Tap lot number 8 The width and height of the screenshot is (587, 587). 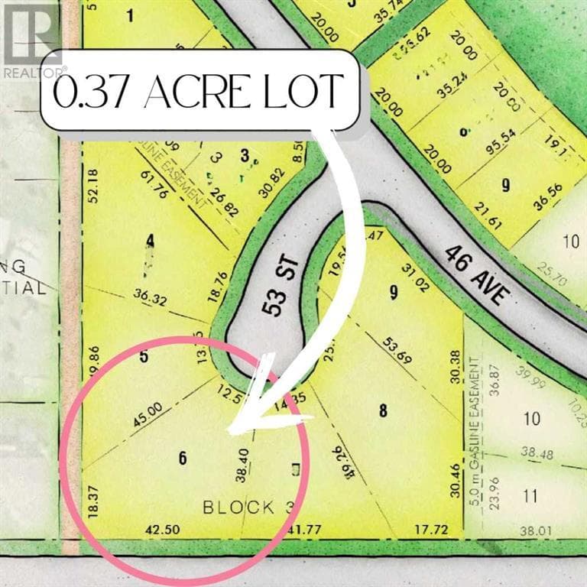pos(383,410)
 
